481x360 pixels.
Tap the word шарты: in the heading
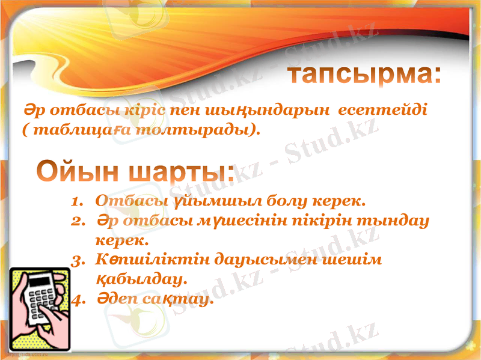pos(180,172)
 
